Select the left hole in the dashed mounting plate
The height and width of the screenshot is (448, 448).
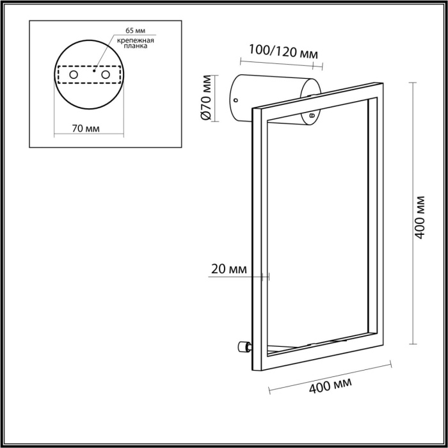tap(74, 76)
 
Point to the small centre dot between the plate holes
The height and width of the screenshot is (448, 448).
tap(95, 72)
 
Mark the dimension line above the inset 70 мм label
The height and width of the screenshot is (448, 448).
tap(88, 135)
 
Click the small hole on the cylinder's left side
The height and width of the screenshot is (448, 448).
tap(236, 100)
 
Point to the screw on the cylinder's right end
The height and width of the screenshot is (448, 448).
tap(311, 116)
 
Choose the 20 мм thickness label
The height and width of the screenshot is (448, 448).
tap(228, 269)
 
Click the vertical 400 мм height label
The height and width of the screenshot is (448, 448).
tap(420, 216)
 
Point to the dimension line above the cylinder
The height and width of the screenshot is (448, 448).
tap(281, 63)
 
